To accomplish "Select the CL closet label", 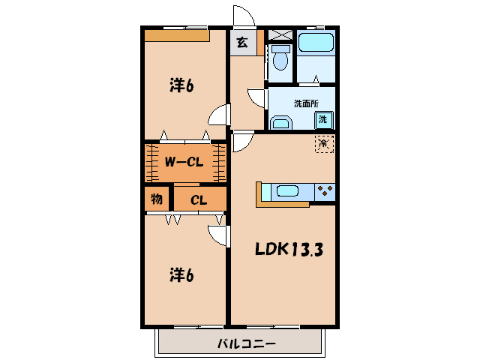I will [198, 199].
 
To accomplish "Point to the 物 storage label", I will [157, 199].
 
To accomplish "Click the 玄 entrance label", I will [242, 43].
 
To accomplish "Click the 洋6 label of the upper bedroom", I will [181, 85].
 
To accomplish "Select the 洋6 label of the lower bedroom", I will [181, 275].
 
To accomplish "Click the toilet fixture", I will [280, 56].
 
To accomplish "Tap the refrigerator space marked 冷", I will [324, 142].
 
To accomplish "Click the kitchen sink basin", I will [289, 190].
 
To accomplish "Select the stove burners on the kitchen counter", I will [325, 190].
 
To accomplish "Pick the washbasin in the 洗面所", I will [281, 122].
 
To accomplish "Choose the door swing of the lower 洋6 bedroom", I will [218, 235].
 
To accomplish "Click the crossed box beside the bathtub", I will [280, 34].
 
